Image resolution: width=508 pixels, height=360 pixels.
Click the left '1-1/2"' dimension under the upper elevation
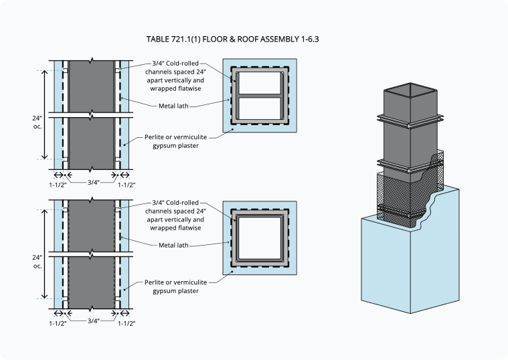click(58, 184)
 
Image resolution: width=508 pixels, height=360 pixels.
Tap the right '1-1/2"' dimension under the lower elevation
click(126, 324)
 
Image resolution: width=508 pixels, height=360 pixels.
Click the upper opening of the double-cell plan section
click(260, 83)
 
